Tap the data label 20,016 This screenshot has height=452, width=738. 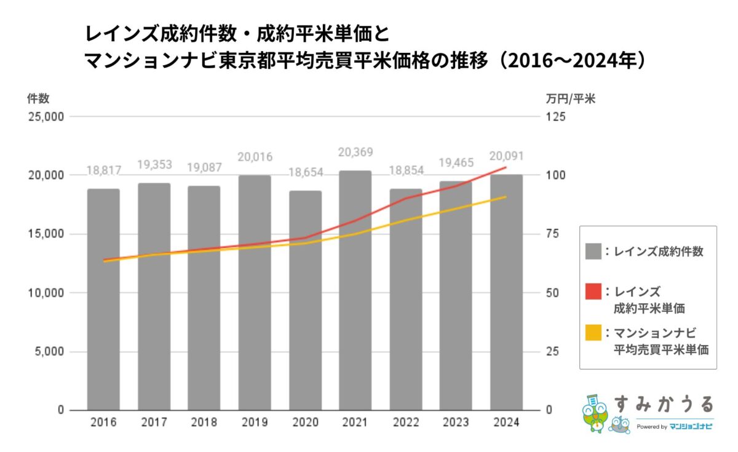click(x=255, y=157)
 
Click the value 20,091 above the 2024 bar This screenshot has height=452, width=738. click(x=506, y=156)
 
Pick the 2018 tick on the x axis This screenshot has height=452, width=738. click(x=204, y=423)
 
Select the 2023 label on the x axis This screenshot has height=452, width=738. click(x=456, y=423)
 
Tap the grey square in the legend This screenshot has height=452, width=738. click(x=593, y=251)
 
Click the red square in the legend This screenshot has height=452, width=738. click(x=593, y=291)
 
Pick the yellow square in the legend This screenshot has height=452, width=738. click(x=593, y=333)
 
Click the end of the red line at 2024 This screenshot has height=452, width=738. click(x=506, y=167)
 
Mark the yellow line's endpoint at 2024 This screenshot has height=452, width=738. click(x=506, y=197)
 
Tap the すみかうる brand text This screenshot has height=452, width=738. click(x=664, y=404)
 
